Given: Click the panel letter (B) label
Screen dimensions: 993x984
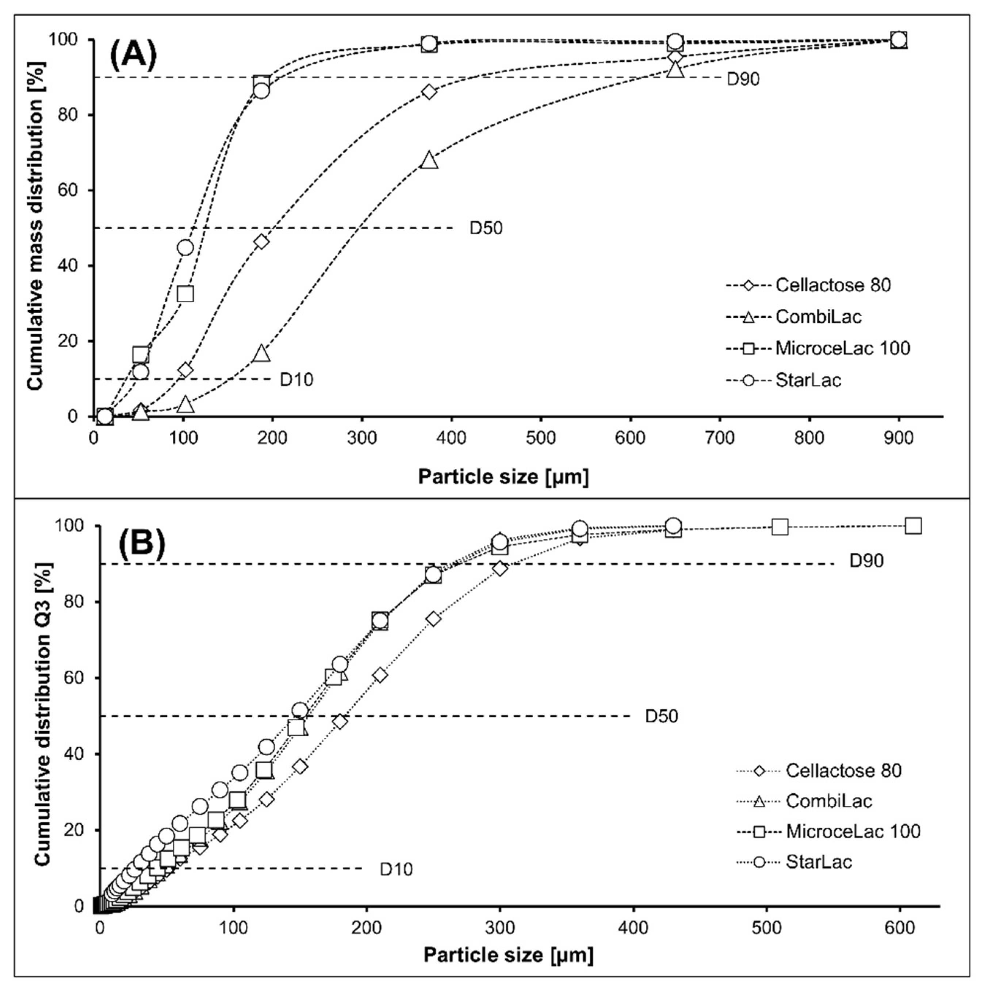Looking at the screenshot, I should (x=142, y=542).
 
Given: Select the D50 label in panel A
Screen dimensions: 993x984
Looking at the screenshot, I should (x=485, y=228).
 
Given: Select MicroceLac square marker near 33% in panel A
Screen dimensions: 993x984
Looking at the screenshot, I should (x=185, y=294).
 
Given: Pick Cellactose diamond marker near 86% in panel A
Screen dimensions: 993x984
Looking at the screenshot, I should (x=429, y=92).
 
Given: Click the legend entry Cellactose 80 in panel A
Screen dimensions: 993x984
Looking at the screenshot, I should (x=832, y=285).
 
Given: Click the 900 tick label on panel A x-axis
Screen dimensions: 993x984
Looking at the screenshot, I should (x=898, y=438).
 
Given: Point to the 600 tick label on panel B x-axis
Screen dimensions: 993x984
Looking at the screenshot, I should (x=900, y=927).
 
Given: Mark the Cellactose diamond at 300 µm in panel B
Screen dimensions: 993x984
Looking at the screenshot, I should (x=500, y=568).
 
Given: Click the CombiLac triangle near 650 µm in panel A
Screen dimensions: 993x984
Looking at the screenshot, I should (x=675, y=69).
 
